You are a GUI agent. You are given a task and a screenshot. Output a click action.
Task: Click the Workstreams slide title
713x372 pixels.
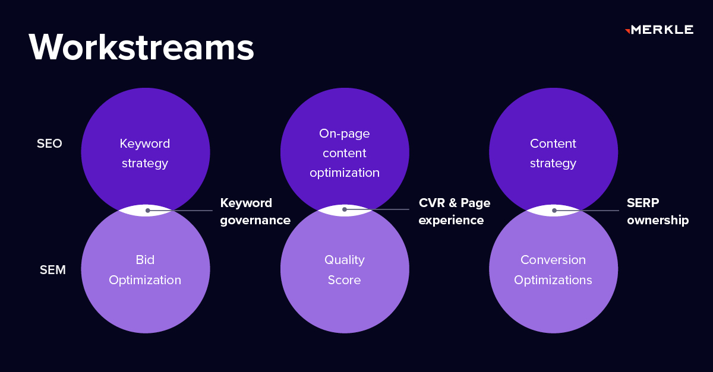[x=141, y=47]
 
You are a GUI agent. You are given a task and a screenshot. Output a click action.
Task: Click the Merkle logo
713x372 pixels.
[x=660, y=30]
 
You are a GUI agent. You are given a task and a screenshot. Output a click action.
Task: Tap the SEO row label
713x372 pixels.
[x=49, y=144]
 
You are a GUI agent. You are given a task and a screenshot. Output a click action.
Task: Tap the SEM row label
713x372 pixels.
[x=52, y=270]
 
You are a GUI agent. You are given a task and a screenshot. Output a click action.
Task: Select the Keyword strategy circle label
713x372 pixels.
[x=145, y=153]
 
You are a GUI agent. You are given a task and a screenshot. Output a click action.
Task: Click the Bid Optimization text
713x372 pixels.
[x=145, y=270]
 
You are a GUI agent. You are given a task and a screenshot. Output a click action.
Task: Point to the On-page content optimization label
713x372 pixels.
[x=345, y=153]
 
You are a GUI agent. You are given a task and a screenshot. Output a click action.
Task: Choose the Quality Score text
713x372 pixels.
[x=345, y=270]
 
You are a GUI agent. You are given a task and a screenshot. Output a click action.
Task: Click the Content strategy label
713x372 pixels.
[x=553, y=153]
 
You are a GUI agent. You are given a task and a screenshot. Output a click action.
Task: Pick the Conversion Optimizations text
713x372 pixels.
[x=553, y=270]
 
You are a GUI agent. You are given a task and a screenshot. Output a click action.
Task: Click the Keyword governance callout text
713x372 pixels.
[x=255, y=211]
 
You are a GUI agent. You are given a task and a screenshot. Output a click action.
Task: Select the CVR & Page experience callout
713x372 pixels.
[x=455, y=211]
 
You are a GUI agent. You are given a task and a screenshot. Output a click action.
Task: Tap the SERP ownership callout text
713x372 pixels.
[x=657, y=211]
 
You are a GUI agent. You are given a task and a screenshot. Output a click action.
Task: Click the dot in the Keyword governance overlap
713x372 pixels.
[x=147, y=210]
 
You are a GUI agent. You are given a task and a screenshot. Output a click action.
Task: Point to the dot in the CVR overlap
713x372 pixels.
[x=344, y=209]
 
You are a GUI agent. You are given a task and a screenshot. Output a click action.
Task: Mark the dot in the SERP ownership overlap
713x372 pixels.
[x=554, y=210]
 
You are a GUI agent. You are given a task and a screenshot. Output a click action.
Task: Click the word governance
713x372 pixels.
[x=255, y=220]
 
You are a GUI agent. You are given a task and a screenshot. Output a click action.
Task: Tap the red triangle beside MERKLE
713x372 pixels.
[x=627, y=31]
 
